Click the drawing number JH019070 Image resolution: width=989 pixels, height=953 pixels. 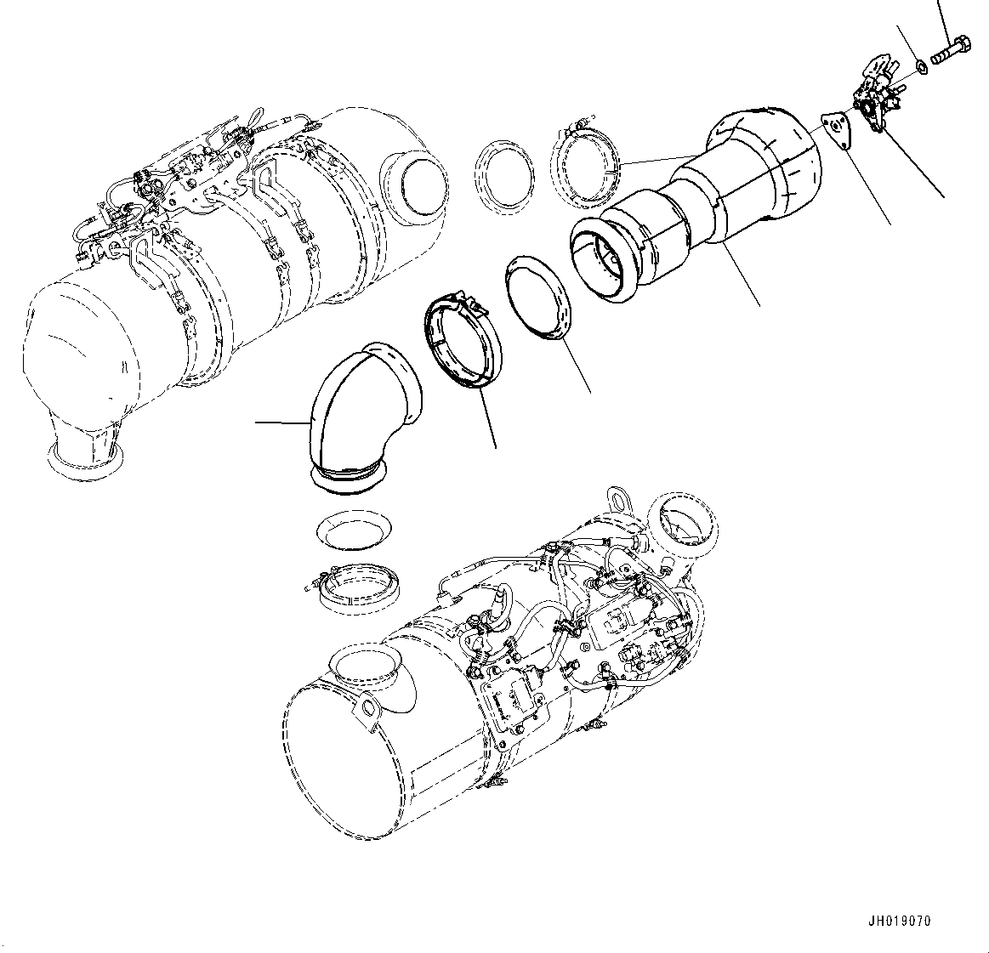900,922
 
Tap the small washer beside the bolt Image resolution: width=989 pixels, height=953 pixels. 920,65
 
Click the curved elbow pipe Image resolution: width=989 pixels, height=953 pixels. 361,417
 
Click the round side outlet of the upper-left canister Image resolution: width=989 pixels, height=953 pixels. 415,183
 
